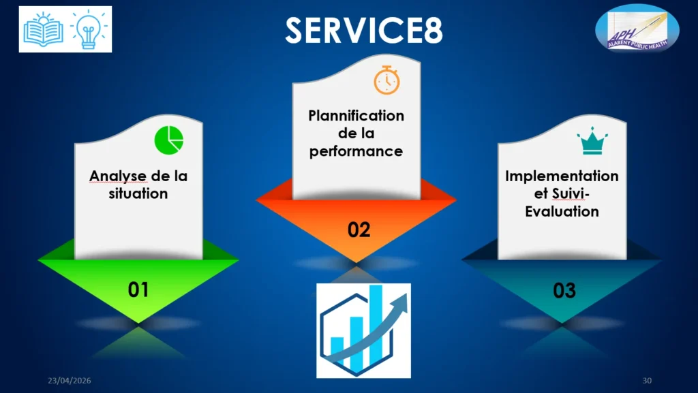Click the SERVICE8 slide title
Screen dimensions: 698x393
[364, 30]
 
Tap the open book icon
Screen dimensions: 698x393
[43, 29]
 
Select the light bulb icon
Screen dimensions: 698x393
[89, 29]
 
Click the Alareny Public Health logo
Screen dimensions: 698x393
[637, 29]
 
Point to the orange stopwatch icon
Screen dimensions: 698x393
[386, 80]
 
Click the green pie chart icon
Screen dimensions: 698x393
[169, 140]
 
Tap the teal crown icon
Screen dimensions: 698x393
[592, 141]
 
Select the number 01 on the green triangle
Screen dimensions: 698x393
[138, 290]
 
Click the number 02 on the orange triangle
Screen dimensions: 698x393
[359, 230]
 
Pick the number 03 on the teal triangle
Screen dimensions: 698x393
[564, 290]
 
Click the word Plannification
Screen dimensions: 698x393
[356, 116]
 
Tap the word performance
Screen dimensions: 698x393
[356, 152]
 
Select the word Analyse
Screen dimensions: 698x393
[117, 176]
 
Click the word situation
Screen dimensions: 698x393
[138, 193]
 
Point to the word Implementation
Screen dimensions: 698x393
[562, 176]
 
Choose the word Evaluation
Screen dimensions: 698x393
[562, 211]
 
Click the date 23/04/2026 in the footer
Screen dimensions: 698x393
[70, 381]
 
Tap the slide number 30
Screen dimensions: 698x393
[647, 381]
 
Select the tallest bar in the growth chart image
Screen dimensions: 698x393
[376, 324]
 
